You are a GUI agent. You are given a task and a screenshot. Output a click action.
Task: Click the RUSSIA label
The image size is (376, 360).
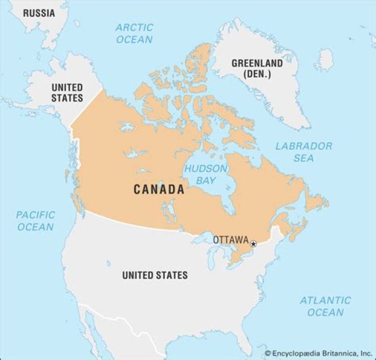(x=39, y=13)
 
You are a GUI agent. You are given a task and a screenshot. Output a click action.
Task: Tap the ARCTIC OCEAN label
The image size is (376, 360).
(x=134, y=33)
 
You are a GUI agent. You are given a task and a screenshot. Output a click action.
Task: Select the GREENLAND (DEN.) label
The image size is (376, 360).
(x=257, y=68)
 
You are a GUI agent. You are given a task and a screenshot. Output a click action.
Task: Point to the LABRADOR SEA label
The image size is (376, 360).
(x=304, y=152)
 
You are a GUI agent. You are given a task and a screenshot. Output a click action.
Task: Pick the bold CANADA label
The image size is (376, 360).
(x=159, y=189)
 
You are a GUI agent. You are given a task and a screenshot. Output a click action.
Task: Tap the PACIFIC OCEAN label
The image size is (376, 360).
(x=36, y=221)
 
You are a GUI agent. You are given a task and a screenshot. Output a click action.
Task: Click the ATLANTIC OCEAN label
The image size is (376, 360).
(x=325, y=306)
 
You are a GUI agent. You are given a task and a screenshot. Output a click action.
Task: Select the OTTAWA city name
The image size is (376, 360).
(x=230, y=240)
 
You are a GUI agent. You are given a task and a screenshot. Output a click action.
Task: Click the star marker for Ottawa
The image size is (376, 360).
(x=253, y=244)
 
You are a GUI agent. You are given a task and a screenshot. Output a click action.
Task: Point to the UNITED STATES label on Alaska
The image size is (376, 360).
(x=67, y=92)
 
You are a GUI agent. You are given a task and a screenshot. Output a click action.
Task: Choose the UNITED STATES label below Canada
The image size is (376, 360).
(x=155, y=275)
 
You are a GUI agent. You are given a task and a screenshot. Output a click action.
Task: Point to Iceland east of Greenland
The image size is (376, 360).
(x=326, y=59)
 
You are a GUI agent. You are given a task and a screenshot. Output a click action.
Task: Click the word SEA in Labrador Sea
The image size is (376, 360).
(x=303, y=158)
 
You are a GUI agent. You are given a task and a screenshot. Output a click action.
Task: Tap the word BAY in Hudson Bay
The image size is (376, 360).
(x=205, y=181)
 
